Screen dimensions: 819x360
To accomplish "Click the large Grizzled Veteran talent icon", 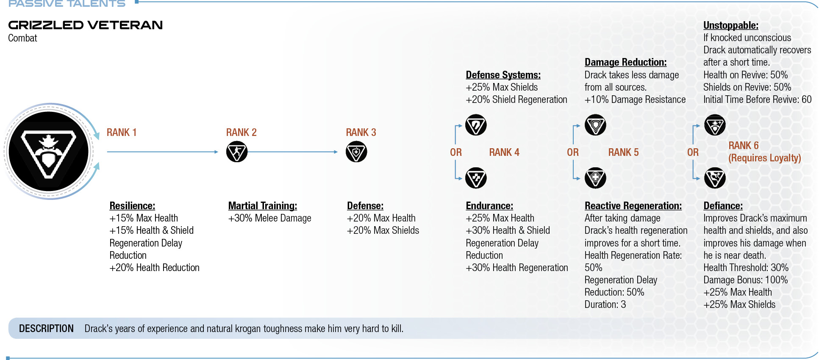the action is point(49,151).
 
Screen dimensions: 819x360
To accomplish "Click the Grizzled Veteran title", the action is point(86,25).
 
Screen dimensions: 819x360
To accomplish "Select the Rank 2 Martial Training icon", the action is point(237,152).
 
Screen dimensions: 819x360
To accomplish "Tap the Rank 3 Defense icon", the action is point(356,152).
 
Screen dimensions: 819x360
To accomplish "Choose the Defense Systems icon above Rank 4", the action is point(476,125).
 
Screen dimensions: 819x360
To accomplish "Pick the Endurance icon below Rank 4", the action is point(476,178).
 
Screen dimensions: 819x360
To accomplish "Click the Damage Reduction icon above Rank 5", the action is point(595,125).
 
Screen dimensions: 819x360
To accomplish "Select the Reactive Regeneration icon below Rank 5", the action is point(595,178).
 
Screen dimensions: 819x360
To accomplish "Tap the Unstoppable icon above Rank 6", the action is point(715,125).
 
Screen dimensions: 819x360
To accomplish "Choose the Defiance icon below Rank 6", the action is point(715,178).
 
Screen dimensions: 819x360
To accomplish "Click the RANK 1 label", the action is point(122,133).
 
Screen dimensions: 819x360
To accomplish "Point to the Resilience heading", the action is point(132,206).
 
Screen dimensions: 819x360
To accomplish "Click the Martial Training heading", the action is point(263,206).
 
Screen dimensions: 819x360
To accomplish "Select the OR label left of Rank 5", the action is point(573,152).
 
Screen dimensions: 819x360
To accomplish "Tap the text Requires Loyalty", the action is point(765,158).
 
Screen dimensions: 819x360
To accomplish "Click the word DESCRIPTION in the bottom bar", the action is point(46,329).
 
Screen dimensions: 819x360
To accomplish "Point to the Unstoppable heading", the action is point(731,25).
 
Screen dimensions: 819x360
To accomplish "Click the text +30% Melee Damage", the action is point(269,218).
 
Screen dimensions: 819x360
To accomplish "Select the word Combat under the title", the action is point(22,38).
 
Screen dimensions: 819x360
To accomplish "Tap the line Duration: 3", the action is point(605,305).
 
